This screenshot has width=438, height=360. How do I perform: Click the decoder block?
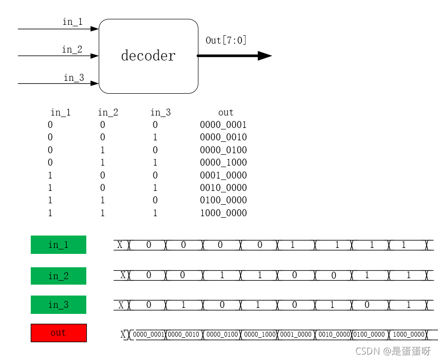pos(148,56)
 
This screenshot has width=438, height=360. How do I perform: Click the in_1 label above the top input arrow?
pos(72,22)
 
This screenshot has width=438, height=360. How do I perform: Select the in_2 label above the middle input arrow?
pos(72,49)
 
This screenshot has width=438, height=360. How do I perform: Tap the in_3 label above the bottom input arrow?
pos(73,77)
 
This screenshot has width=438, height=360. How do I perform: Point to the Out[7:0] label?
pos(226,40)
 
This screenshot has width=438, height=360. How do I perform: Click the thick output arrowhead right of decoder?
pos(264,56)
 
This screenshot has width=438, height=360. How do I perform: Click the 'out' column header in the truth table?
pos(226,113)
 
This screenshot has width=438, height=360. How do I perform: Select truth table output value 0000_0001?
pos(223,125)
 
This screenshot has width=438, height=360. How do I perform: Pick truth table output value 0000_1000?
pos(223,163)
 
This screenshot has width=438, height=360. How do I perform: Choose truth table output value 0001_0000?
pos(223,176)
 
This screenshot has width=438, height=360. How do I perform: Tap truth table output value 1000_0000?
pos(223,213)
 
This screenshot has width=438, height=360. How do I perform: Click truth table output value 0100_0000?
pos(223,200)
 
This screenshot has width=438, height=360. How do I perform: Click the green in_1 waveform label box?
pos(59,244)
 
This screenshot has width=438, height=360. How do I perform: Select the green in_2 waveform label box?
pos(59,276)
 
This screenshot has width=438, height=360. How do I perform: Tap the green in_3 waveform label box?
pos(59,304)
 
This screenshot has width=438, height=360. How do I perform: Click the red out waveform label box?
pos(59,333)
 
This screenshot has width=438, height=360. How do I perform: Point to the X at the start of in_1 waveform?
pos(120,244)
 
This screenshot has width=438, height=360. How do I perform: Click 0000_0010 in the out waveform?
pos(184,335)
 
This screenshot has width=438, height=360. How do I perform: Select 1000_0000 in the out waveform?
pos(409,335)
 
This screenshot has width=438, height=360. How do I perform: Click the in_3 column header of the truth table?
pos(161,113)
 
